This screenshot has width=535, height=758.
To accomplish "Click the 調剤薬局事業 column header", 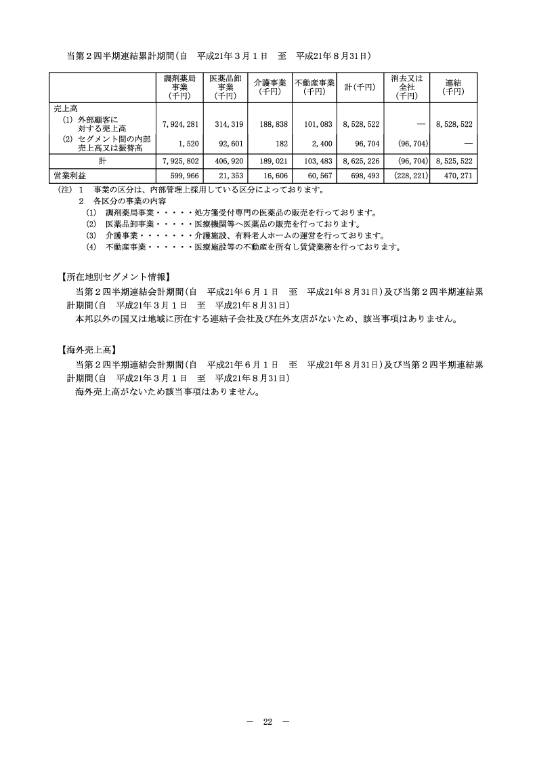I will pyautogui.click(x=179, y=87).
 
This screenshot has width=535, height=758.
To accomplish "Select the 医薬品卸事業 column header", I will pyautogui.click(x=225, y=87).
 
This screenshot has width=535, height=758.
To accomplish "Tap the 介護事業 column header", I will pyautogui.click(x=270, y=87).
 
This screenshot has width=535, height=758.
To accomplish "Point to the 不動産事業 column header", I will pyautogui.click(x=314, y=87).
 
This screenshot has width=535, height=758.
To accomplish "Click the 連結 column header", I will pyautogui.click(x=453, y=87).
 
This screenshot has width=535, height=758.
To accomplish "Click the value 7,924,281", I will pyautogui.click(x=179, y=125).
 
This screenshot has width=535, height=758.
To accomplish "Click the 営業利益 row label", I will pyautogui.click(x=68, y=176).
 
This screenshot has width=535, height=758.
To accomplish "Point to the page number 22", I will pyautogui.click(x=267, y=721).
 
